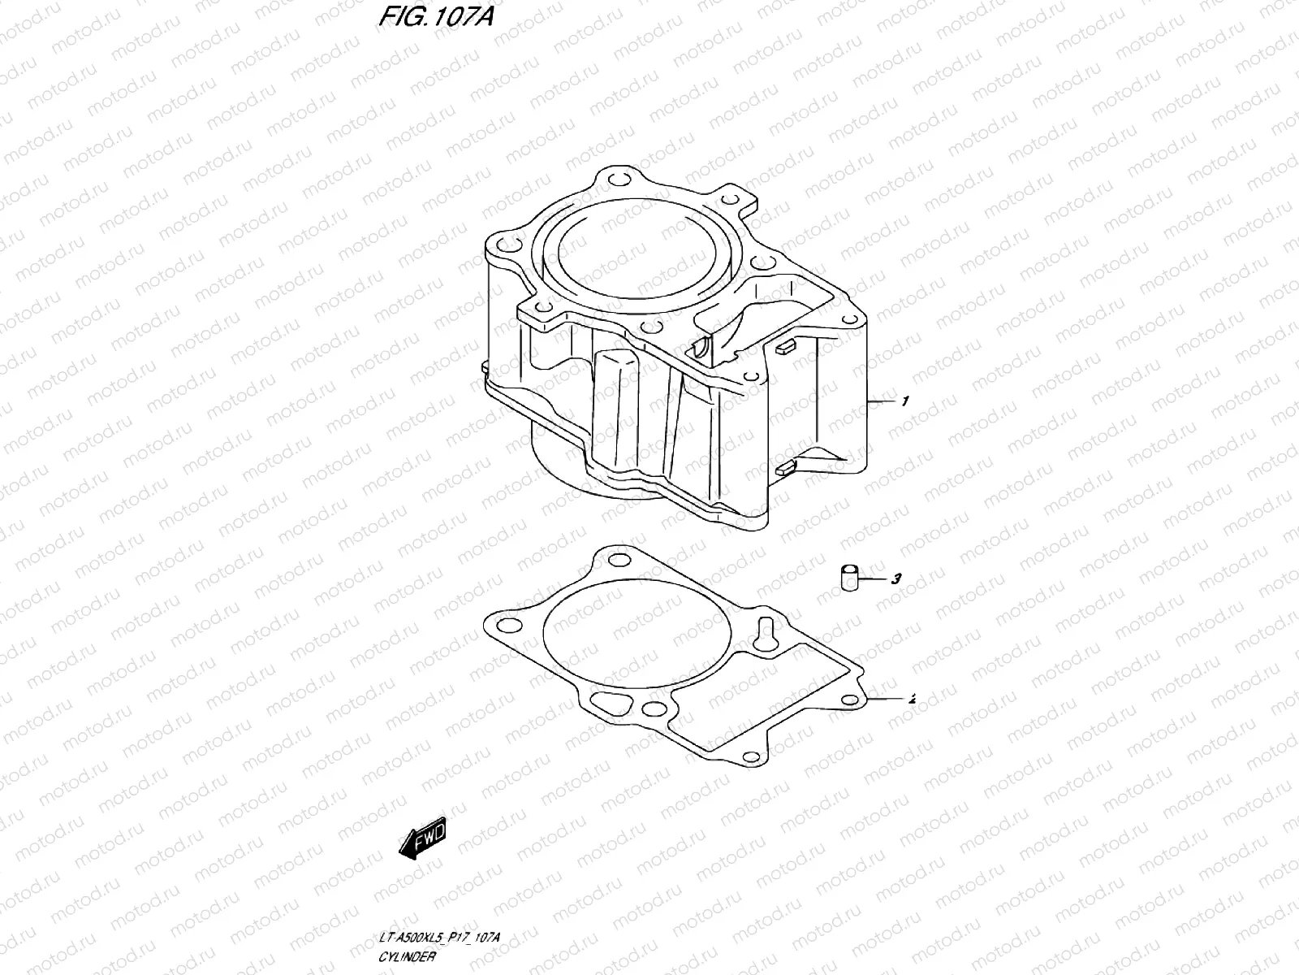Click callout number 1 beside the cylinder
coord(904,401)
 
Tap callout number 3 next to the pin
coord(895,579)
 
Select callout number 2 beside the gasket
coord(912,698)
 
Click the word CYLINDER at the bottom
coord(408,956)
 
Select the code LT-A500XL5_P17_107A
coord(439,938)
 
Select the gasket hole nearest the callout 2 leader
coord(850,700)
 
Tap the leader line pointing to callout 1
coord(883,402)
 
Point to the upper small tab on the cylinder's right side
coord(783,348)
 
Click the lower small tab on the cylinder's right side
coord(783,467)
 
